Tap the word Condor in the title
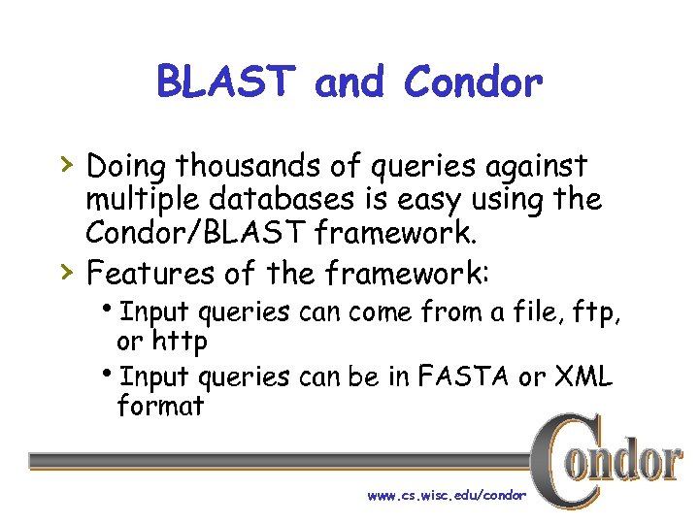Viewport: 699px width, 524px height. pyautogui.click(x=473, y=82)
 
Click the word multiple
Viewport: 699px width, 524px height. pyautogui.click(x=140, y=202)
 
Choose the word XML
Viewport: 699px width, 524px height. pyautogui.click(x=582, y=377)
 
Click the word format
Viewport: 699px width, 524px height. pyautogui.click(x=160, y=406)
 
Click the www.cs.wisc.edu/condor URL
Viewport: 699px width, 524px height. pyautogui.click(x=447, y=495)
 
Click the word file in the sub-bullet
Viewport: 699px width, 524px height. pyautogui.click(x=524, y=312)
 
